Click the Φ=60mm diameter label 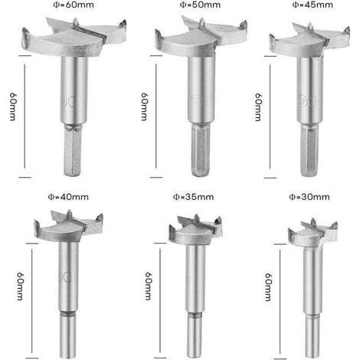pos(74,5)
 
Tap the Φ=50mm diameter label pos(200,5)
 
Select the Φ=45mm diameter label pos(313,5)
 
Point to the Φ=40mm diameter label pos(68,197)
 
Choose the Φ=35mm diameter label pos(194,197)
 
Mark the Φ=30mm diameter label pos(309,197)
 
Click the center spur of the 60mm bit pos(75,21)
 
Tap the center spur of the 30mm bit pos(313,222)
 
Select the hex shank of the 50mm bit pos(201,151)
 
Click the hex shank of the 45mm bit pos(309,151)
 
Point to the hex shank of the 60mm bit pos(73,151)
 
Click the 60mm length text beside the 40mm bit pos(20,286)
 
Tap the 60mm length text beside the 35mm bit pos(149,286)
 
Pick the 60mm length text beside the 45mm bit pos(258,107)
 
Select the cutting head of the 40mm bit pos(68,226)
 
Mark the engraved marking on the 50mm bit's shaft pos(201,101)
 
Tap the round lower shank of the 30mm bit pos(313,336)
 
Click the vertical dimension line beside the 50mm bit pos(156,116)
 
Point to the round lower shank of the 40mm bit pos(68,335)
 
